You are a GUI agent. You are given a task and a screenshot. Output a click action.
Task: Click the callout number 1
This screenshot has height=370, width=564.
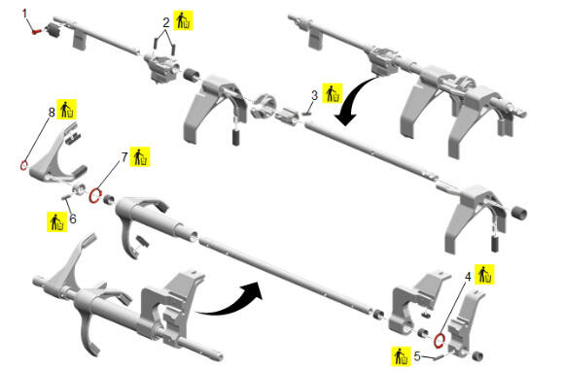pos(25,14)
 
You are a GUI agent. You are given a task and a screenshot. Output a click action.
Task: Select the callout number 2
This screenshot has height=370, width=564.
pos(166,23)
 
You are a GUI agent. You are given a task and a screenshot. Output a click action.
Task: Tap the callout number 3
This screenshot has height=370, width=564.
pos(314,95)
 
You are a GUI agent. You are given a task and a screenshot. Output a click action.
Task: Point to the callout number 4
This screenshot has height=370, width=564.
pos(468,277)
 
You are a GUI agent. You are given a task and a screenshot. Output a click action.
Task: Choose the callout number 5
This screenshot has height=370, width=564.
pos(417,356)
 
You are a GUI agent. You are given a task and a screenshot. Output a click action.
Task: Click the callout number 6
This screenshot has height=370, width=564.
pos(73,219)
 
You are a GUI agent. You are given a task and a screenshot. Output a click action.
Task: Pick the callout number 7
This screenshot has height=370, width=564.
pos(124,157)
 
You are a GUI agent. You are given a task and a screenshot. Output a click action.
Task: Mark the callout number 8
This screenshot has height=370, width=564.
pos(52,113)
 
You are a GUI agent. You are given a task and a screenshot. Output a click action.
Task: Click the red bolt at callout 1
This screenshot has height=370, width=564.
pos(36,32)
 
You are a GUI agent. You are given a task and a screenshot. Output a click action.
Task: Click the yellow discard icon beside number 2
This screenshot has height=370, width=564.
pos(184,20)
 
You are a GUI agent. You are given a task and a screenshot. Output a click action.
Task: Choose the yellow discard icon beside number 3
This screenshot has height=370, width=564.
pos(333,93)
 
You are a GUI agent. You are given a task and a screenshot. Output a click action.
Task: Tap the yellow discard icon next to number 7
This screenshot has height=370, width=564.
pos(140,157)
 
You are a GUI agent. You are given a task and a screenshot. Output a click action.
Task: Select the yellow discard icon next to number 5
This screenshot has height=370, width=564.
pos(401,356)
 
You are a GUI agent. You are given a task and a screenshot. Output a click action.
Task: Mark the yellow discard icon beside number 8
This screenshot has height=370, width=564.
pos(67,109)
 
